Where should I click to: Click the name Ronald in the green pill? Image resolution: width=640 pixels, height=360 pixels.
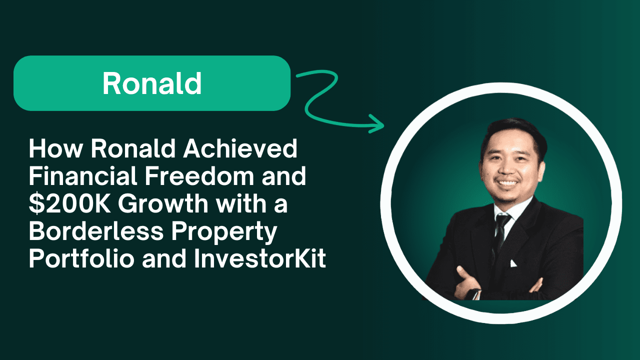[x=152, y=83]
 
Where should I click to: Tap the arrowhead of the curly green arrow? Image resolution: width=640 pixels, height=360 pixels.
[x=377, y=124]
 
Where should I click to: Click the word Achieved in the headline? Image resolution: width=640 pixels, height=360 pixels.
[x=240, y=148]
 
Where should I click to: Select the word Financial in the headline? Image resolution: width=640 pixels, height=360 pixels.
[x=83, y=176]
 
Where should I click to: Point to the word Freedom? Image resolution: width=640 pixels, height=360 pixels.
[x=199, y=176]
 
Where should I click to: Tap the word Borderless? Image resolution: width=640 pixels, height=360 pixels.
[x=96, y=231]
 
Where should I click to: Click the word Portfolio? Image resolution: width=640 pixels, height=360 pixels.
[x=81, y=258]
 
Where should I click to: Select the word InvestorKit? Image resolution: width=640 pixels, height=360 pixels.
[x=260, y=258]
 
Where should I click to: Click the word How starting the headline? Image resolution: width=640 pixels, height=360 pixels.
[x=56, y=148]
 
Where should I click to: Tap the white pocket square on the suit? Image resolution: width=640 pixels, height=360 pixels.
[x=513, y=263]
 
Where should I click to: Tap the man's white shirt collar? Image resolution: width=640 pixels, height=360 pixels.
[x=511, y=208]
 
